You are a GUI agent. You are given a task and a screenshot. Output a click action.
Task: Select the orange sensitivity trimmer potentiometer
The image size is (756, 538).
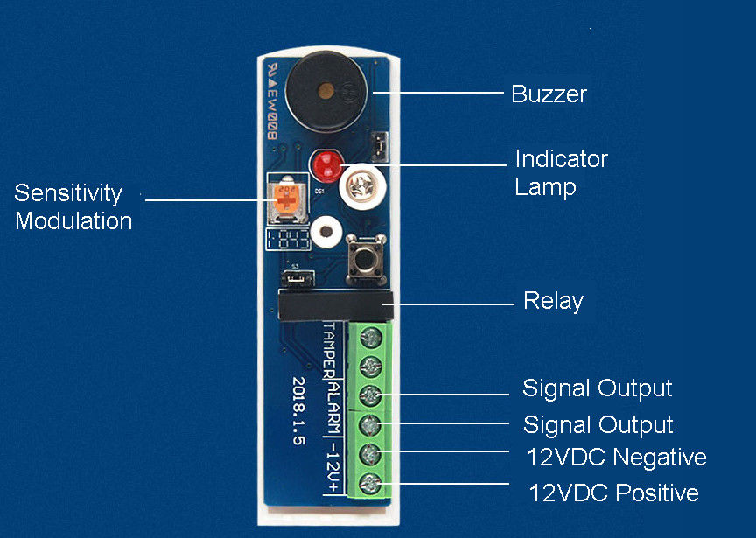(x=284, y=199)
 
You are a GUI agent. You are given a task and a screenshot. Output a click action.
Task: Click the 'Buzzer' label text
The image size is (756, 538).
(x=549, y=94)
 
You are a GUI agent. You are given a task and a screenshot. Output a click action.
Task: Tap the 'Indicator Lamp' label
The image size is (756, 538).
(x=560, y=172)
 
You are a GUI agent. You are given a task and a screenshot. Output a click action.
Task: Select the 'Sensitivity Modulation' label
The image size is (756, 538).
(x=73, y=206)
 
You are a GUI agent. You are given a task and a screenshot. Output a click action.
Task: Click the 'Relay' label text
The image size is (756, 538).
(x=552, y=302)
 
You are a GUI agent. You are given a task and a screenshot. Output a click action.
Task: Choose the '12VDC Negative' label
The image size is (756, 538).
(x=616, y=457)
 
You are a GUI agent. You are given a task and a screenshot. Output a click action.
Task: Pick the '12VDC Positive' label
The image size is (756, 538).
(x=613, y=493)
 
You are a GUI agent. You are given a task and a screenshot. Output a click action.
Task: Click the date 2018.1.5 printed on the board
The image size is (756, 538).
(x=299, y=412)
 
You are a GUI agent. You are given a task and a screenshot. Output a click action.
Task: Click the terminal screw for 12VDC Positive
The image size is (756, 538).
(x=369, y=484)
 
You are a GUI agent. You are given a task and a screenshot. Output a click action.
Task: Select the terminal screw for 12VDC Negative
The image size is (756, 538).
(x=369, y=455)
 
